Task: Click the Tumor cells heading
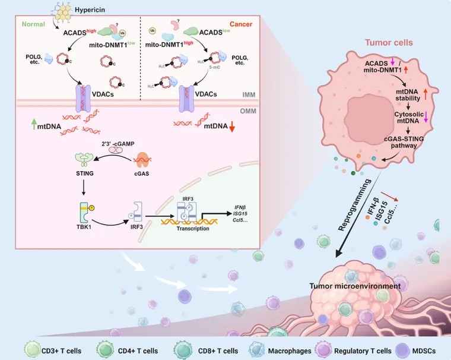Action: click(x=388, y=43)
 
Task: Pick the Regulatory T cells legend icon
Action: click(x=313, y=346)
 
